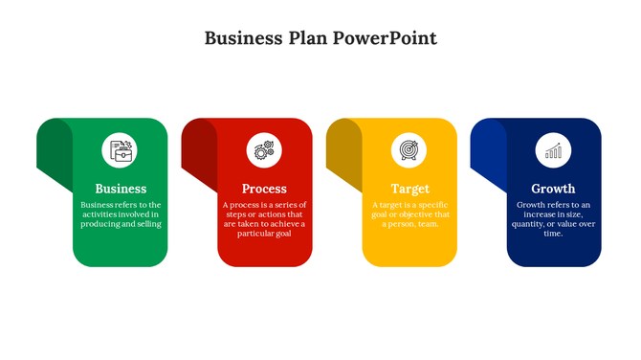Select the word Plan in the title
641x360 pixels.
click(308, 39)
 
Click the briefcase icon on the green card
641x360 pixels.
click(121, 150)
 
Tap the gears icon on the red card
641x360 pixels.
click(265, 150)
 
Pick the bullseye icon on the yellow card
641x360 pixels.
click(409, 150)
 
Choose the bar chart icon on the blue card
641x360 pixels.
click(554, 150)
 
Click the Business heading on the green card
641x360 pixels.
click(121, 189)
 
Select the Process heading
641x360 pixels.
click(265, 189)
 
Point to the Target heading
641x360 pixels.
click(409, 189)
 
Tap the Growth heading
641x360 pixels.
click(554, 189)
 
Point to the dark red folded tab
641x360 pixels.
click(199, 153)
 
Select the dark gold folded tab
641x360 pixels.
click(343, 153)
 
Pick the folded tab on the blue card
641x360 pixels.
click(488, 153)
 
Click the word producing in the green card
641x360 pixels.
click(104, 224)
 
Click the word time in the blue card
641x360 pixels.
click(553, 234)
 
